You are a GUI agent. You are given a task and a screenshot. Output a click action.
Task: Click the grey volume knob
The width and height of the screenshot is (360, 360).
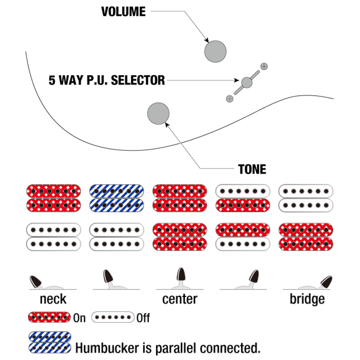(x=215, y=51)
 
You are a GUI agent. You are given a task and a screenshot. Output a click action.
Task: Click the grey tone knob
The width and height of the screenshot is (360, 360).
(x=158, y=113)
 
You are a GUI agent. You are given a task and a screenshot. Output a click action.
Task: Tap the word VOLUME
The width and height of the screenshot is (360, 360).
(x=123, y=12)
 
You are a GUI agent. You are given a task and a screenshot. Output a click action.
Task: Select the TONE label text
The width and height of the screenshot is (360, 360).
(x=252, y=169)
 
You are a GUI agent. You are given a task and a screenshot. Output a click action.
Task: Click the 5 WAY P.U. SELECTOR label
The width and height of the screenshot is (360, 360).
(x=107, y=80)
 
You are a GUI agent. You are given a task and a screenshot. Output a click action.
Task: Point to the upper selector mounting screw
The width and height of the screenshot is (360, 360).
(x=264, y=66)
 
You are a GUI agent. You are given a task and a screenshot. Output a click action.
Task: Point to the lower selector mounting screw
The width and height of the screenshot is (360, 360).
(x=230, y=98)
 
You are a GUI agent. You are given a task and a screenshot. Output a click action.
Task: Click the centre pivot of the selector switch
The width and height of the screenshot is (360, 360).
(x=247, y=82)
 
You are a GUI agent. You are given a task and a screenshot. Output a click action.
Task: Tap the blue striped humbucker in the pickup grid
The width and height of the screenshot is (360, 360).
(x=117, y=198)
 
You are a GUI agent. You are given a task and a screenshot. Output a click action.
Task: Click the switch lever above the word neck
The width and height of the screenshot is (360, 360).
(x=36, y=281)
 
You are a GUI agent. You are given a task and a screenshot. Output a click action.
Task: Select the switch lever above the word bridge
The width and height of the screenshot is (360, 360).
(x=326, y=282)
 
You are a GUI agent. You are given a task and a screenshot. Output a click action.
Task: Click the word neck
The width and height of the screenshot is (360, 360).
(x=53, y=299)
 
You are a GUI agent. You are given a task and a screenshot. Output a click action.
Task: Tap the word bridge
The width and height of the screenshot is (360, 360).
(x=307, y=299)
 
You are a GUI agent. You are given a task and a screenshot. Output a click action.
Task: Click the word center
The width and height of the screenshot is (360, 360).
(x=180, y=299)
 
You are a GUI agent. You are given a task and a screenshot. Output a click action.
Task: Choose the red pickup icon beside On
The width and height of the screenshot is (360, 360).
(x=50, y=318)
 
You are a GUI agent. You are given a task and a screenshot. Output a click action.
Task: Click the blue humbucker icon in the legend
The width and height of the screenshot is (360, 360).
(x=50, y=342)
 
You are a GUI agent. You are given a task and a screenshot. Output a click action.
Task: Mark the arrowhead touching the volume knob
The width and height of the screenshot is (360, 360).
(x=207, y=41)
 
